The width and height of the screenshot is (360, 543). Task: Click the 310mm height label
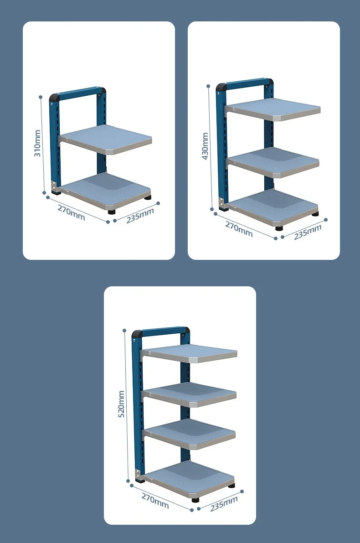[x=37, y=143]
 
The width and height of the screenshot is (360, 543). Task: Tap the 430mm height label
[x=205, y=146]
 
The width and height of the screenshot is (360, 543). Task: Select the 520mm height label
[x=121, y=404]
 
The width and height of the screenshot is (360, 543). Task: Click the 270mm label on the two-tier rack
[x=71, y=212]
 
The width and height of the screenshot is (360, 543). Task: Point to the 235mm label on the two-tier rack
[x=140, y=216]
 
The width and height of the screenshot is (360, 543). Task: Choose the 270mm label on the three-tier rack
[x=239, y=229]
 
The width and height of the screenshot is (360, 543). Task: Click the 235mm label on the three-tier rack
[x=308, y=232]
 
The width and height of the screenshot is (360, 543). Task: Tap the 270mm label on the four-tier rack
[x=155, y=501]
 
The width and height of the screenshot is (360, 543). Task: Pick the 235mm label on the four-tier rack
[x=224, y=503]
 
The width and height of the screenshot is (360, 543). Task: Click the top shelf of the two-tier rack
[x=106, y=139]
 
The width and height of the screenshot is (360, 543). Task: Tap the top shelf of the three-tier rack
[x=273, y=109]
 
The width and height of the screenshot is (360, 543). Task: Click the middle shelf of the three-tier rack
[x=273, y=162]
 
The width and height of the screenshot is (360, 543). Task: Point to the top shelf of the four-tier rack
[x=190, y=353]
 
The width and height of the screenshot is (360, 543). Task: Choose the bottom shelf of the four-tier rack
[x=190, y=479]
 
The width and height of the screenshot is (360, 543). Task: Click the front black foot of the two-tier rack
[x=112, y=212]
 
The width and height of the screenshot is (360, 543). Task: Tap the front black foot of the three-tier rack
[x=279, y=228]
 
